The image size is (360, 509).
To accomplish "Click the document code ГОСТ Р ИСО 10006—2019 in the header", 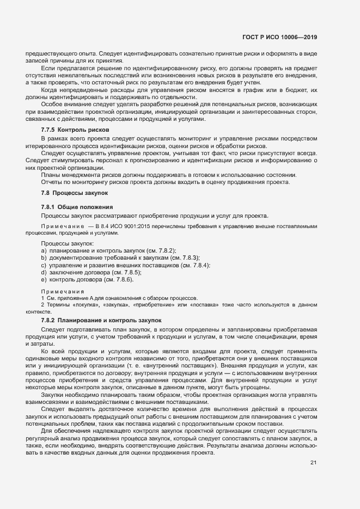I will tap(279, 37).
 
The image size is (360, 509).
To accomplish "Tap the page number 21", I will tap(313, 463).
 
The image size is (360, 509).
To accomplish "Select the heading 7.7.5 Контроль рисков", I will tap(75, 130).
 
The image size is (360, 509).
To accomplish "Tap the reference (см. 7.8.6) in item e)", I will tap(118, 279).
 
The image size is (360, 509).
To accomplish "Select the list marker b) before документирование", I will tap(43, 257).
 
